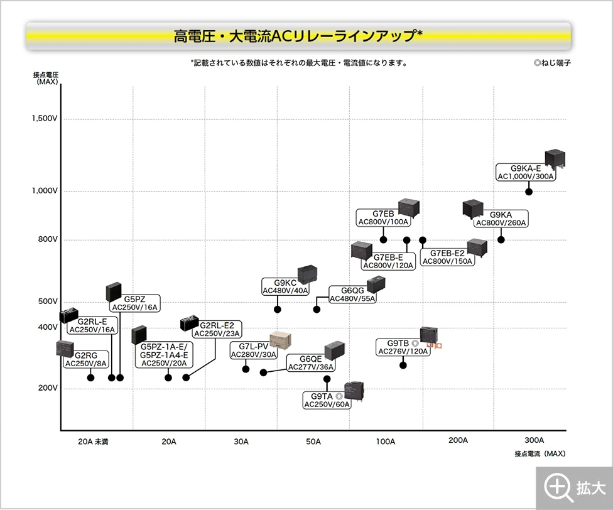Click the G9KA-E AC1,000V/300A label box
(x=526, y=173)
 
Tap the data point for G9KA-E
(x=529, y=192)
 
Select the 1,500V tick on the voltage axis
(x=45, y=119)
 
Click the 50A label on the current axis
(x=313, y=442)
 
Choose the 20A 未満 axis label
(x=93, y=442)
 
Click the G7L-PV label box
(x=253, y=350)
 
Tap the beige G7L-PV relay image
(x=282, y=341)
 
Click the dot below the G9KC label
(x=277, y=309)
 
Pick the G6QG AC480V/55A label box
(x=353, y=295)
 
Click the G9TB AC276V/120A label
(x=403, y=347)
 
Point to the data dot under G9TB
(x=403, y=365)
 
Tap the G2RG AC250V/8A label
(x=86, y=359)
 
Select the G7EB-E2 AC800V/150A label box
(x=447, y=258)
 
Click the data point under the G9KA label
(x=501, y=239)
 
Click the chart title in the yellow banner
(x=298, y=36)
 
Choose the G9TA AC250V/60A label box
(x=327, y=401)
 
